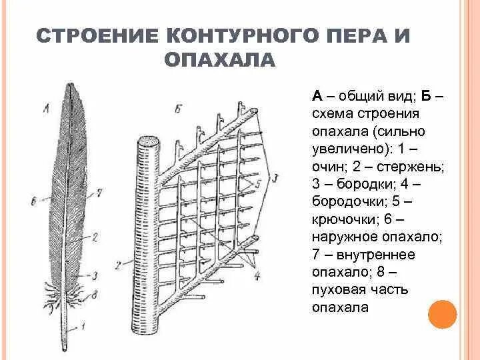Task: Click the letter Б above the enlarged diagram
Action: tap(177, 109)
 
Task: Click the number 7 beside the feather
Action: tap(99, 193)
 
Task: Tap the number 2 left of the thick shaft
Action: tap(118, 265)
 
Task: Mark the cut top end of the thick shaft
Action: tap(149, 141)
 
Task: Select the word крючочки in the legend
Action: tap(344, 219)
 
